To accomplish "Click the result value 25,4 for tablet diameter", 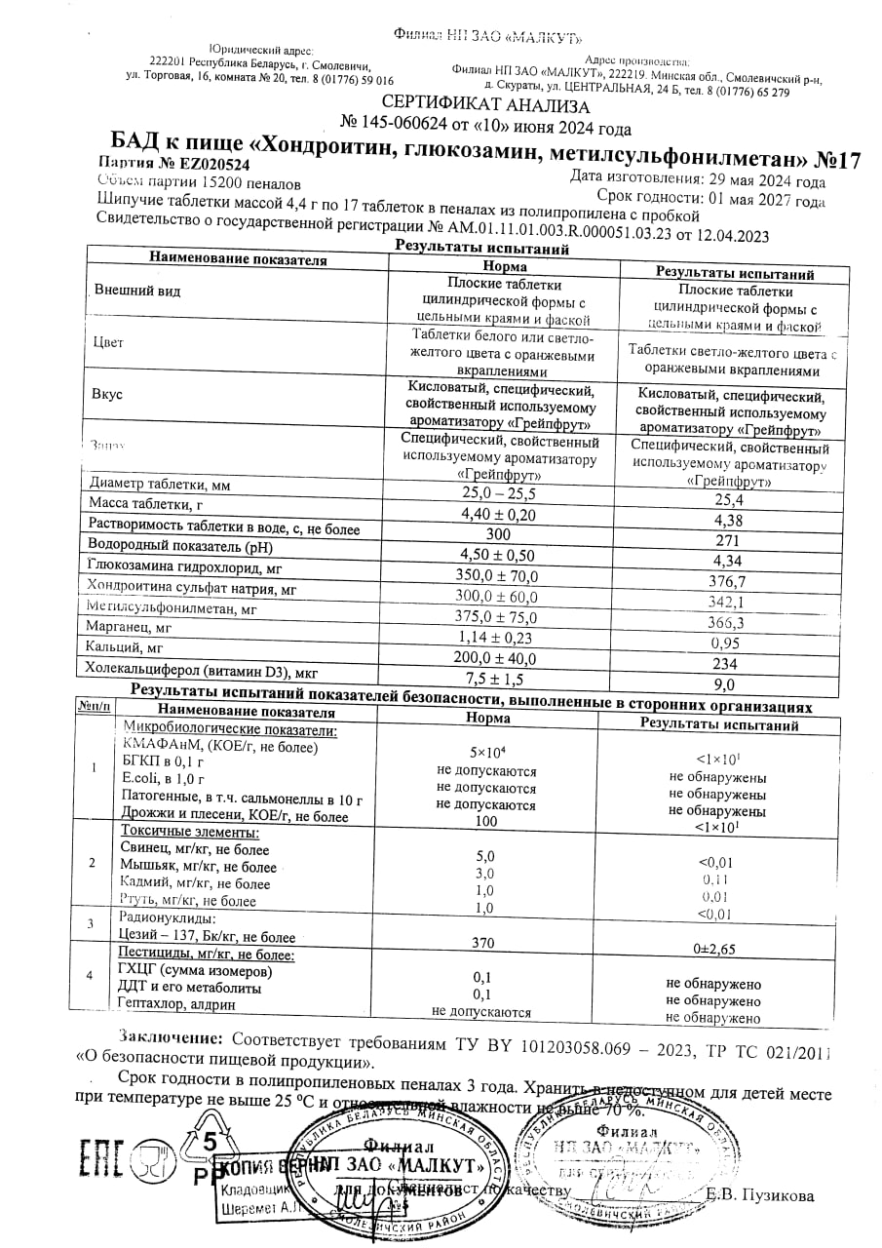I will pyautogui.click(x=728, y=499).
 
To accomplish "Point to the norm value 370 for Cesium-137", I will pyautogui.click(x=483, y=943).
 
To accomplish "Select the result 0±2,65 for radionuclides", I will pyautogui.click(x=714, y=948).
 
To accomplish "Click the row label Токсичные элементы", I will pyautogui.click(x=190, y=833).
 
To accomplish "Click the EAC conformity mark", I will pyautogui.click(x=100, y=1160).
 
